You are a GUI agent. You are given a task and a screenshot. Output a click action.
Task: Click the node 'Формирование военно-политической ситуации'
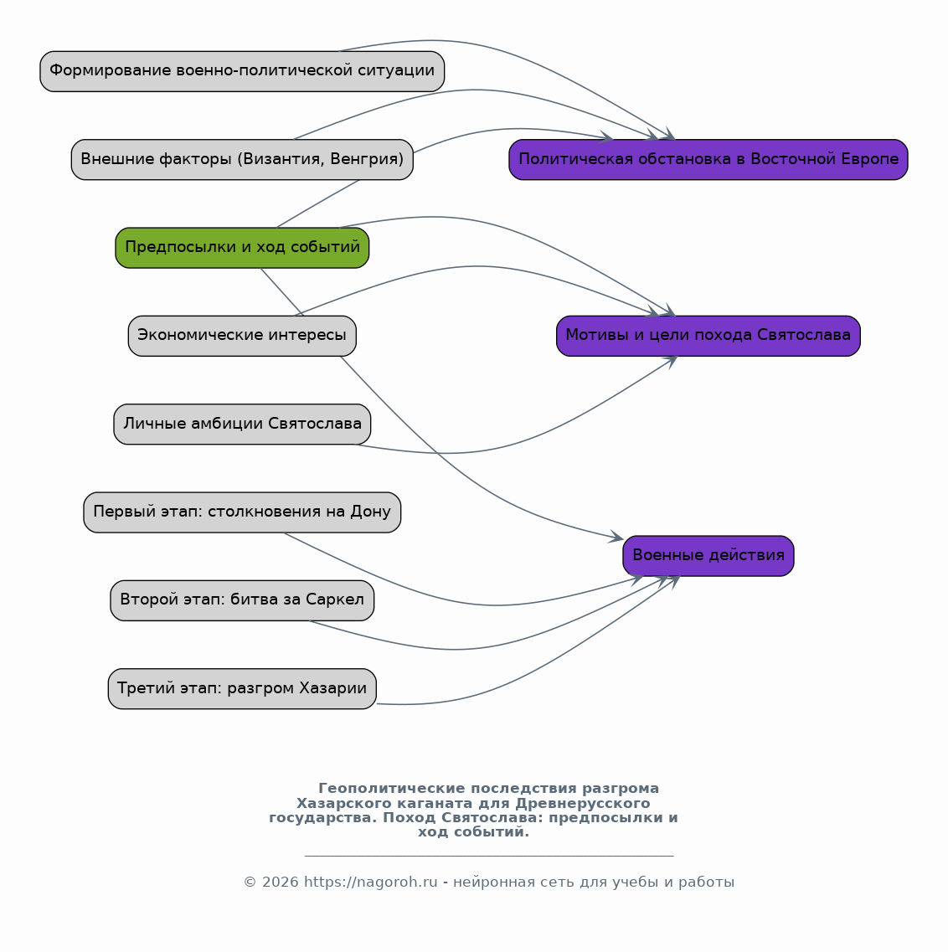pos(242,71)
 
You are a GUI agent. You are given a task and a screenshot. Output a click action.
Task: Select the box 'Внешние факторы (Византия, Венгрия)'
pos(242,159)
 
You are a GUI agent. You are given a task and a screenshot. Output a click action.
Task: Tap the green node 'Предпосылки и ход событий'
pos(242,248)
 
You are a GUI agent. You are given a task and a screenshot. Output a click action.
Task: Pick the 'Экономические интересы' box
pos(242,336)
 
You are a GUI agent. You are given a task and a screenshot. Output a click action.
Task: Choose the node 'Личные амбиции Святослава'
pos(242,424)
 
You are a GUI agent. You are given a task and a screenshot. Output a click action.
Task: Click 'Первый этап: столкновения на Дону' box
pos(242,512)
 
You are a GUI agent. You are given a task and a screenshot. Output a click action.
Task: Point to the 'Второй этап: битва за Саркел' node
pos(242,600)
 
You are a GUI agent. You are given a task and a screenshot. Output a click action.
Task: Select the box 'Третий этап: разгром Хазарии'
pos(242,688)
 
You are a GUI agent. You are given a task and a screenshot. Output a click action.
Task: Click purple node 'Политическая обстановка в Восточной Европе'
pos(708,159)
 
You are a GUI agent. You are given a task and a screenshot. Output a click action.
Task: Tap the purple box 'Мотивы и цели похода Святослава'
pos(708,336)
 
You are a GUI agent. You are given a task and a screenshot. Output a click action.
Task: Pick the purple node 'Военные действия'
pos(708,555)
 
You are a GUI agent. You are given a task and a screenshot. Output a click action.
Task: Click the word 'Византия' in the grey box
pos(277,159)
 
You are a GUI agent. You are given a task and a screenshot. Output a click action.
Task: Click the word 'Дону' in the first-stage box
pos(370,512)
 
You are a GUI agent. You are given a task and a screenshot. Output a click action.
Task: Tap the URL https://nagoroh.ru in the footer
pos(370,883)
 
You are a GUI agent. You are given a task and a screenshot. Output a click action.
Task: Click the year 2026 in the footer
pos(280,883)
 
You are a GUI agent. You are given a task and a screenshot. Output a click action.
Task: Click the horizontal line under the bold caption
pos(489,856)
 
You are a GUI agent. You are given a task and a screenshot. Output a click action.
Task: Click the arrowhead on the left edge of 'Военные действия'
pos(617,537)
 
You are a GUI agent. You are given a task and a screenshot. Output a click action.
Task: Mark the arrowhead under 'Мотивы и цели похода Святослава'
pos(671,362)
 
